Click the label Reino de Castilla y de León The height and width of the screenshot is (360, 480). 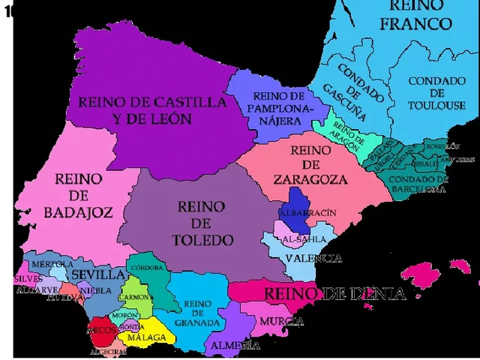click(x=152, y=109)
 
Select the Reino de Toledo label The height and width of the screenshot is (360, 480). click(x=201, y=223)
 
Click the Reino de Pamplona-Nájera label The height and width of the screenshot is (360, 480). click(x=278, y=107)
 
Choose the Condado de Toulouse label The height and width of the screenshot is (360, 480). click(x=436, y=93)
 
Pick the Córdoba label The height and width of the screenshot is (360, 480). click(x=147, y=268)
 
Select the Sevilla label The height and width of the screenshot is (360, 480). click(x=97, y=274)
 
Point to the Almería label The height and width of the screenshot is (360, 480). click(x=235, y=345)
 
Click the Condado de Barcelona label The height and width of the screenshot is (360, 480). click(x=418, y=184)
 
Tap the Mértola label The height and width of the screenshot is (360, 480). click(x=52, y=264)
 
